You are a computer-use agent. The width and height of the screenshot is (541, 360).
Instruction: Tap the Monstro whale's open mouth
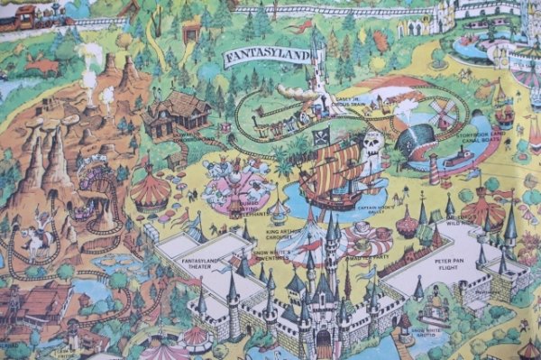pyautogui.click(x=417, y=145)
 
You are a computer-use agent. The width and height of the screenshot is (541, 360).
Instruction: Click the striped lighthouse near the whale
pyautogui.click(x=433, y=167)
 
